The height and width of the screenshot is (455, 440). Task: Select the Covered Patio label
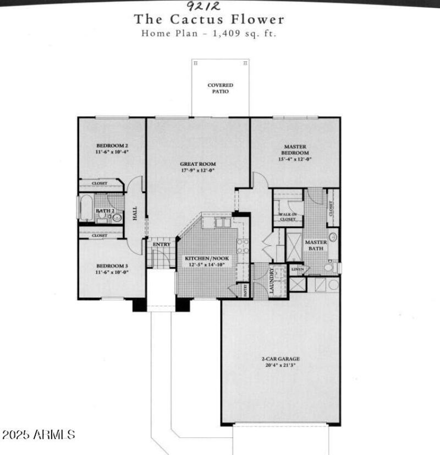click(220, 88)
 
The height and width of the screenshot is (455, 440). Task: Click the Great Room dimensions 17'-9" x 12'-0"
click(198, 170)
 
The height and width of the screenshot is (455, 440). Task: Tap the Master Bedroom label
click(295, 149)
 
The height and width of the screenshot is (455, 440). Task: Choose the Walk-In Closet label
click(288, 216)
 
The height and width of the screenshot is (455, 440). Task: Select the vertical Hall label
click(135, 214)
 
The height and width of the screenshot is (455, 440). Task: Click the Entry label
click(162, 244)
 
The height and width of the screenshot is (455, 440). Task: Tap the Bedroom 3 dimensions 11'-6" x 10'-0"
click(112, 272)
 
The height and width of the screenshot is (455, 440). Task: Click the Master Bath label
click(316, 245)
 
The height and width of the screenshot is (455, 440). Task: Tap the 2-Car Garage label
click(280, 359)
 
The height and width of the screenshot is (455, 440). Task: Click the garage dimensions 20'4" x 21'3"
click(280, 365)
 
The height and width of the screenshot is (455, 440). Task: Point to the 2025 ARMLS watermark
click(38, 435)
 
